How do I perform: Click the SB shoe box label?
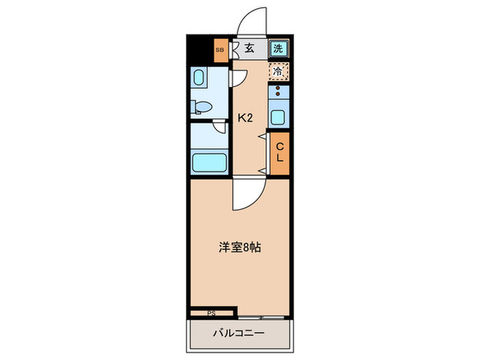pyautogui.click(x=219, y=50)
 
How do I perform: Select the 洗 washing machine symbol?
pyautogui.click(x=278, y=48)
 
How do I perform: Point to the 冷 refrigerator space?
pyautogui.click(x=278, y=70)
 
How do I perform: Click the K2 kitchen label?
pyautogui.click(x=245, y=117)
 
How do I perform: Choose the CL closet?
pyautogui.click(x=280, y=153)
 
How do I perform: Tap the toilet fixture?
pyautogui.click(x=202, y=107)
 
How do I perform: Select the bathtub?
pyautogui.click(x=210, y=163)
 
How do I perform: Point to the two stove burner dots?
pyautogui.click(x=278, y=93)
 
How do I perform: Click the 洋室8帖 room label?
pyautogui.click(x=239, y=248)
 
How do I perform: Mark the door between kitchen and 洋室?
pyautogui.click(x=245, y=194)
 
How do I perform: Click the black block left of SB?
pyautogui.click(x=199, y=50)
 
